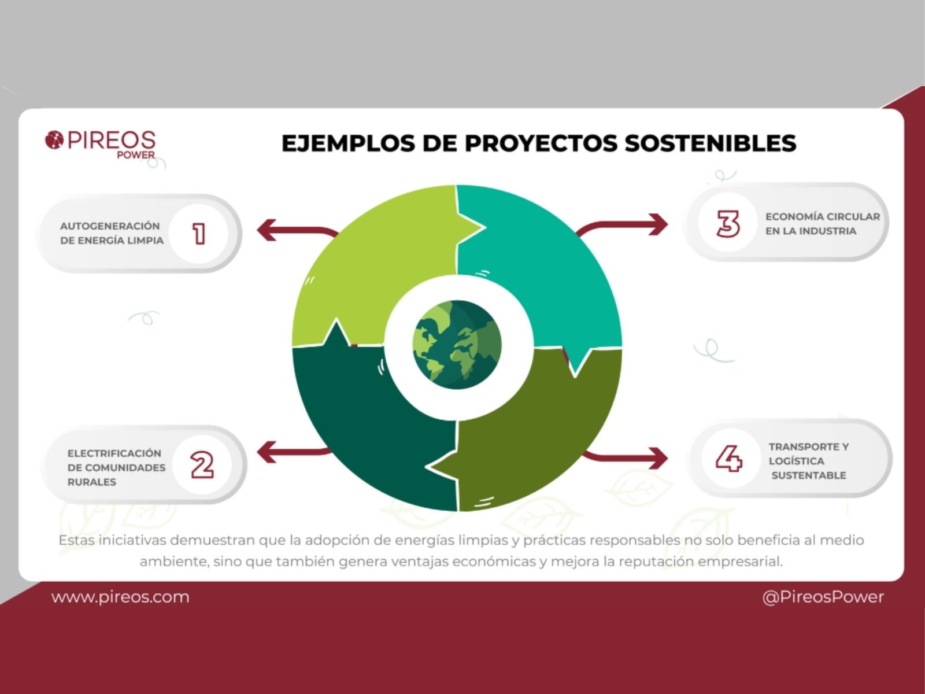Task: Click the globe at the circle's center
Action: tap(457, 345)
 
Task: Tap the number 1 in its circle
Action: tap(198, 234)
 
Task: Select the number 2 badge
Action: tap(202, 465)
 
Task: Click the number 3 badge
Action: tap(728, 223)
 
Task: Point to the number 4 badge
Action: tap(729, 459)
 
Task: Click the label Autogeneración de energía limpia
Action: tap(112, 233)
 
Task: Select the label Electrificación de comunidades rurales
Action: tap(116, 467)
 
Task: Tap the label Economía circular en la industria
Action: tap(823, 223)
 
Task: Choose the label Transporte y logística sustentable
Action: tap(809, 460)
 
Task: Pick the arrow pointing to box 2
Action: tap(293, 452)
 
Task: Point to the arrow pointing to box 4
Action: tap(626, 457)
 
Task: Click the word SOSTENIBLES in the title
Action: tap(711, 143)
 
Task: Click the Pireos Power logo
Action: tap(100, 143)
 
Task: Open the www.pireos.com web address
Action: tap(120, 597)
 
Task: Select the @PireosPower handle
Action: tap(823, 597)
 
